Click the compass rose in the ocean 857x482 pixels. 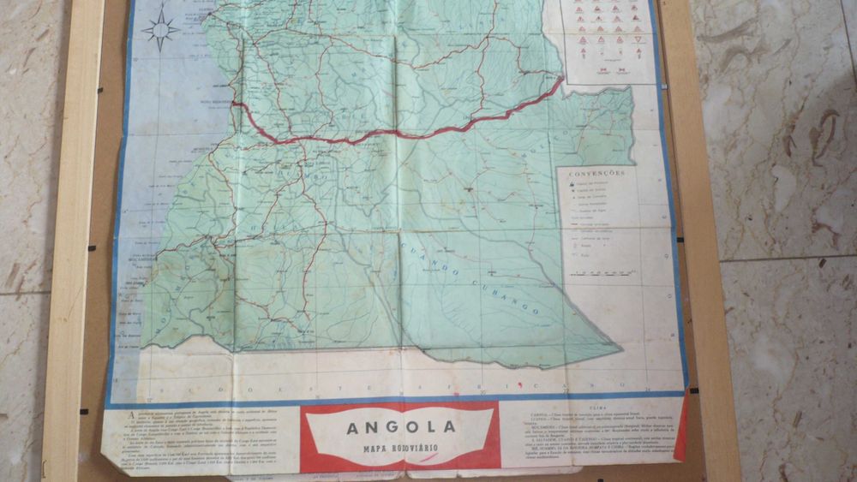160,31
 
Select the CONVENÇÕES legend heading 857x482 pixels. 601,172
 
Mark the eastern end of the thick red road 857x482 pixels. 561,80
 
